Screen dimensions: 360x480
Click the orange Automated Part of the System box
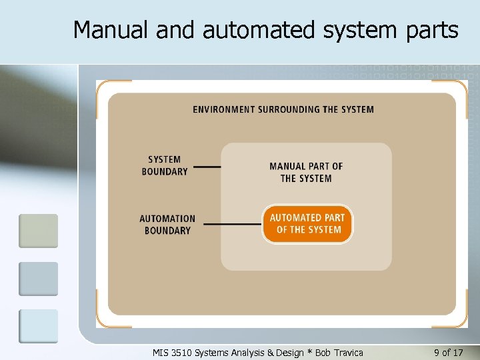[x=307, y=224]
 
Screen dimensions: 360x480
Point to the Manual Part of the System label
[x=306, y=172]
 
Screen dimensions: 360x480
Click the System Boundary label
[x=165, y=165]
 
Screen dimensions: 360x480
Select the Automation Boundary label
[x=167, y=225]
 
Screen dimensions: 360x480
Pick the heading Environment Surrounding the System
[x=283, y=109]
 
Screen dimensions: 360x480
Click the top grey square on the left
[x=38, y=231]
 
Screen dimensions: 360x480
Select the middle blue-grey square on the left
[x=38, y=279]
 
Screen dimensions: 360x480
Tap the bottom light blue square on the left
[x=38, y=326]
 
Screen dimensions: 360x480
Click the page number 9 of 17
[x=448, y=352]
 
